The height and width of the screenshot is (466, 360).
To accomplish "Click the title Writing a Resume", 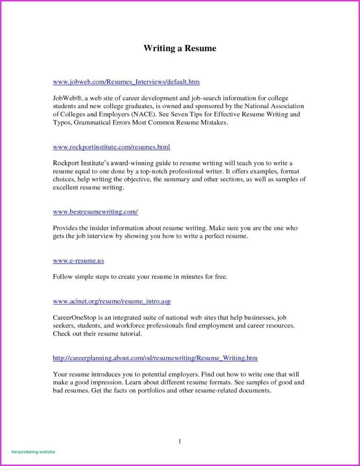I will coord(180,48).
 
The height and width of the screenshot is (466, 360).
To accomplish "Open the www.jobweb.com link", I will coord(126,82).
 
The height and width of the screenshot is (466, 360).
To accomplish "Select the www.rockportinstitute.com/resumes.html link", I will coord(112,147).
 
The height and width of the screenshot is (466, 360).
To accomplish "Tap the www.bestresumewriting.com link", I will coord(95,212).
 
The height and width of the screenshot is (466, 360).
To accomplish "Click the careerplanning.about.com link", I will coord(155,358).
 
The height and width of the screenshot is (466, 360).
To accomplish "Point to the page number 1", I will coord(180,441).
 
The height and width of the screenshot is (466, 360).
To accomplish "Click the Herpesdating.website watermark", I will coord(33,452).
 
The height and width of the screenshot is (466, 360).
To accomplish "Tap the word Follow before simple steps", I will coord(63,277).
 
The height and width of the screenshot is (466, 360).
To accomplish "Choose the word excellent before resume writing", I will coord(68,188).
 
